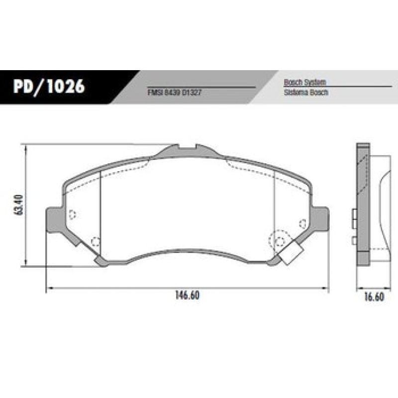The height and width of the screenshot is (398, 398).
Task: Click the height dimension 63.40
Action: (x=19, y=204)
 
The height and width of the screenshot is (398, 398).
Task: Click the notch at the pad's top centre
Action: (x=187, y=148)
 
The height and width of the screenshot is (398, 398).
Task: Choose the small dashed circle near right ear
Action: (x=301, y=223)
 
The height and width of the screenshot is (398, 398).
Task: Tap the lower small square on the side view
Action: (x=354, y=240)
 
